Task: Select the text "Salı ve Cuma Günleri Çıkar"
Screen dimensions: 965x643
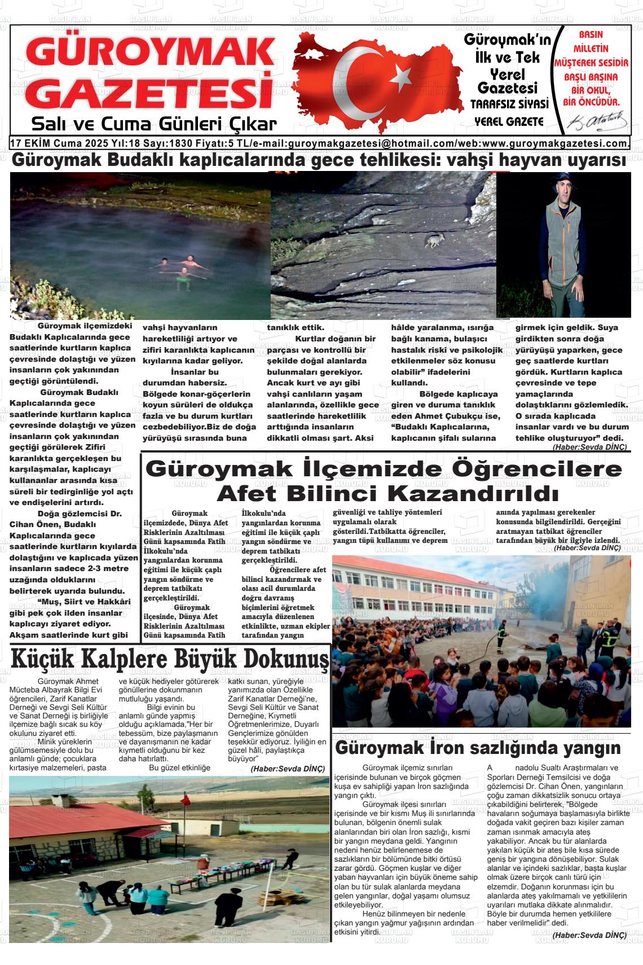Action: (154, 124)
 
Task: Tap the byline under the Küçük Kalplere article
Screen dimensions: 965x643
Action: (288, 769)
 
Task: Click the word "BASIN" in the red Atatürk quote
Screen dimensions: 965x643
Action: (591, 35)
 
